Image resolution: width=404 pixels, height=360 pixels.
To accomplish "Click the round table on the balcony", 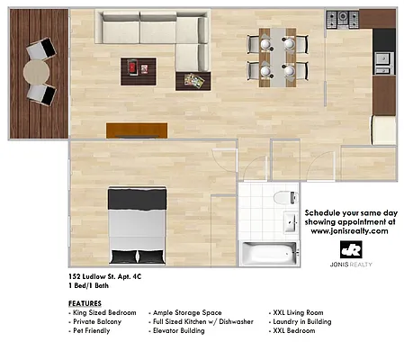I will [x=39, y=69].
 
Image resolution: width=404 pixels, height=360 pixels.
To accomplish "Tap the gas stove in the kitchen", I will [x=342, y=18].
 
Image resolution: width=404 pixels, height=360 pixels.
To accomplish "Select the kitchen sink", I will [x=384, y=61].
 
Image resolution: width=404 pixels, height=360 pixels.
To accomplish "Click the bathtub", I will [x=268, y=251].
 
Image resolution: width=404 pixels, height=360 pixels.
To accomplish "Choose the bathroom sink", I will [x=291, y=221].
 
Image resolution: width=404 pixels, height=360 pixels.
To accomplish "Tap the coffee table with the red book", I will [x=138, y=68].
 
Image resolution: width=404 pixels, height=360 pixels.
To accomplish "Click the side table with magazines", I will [x=193, y=80].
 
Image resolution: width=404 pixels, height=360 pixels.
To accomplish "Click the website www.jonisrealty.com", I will [x=349, y=230].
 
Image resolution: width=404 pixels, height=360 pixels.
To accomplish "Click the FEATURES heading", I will [x=85, y=303].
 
